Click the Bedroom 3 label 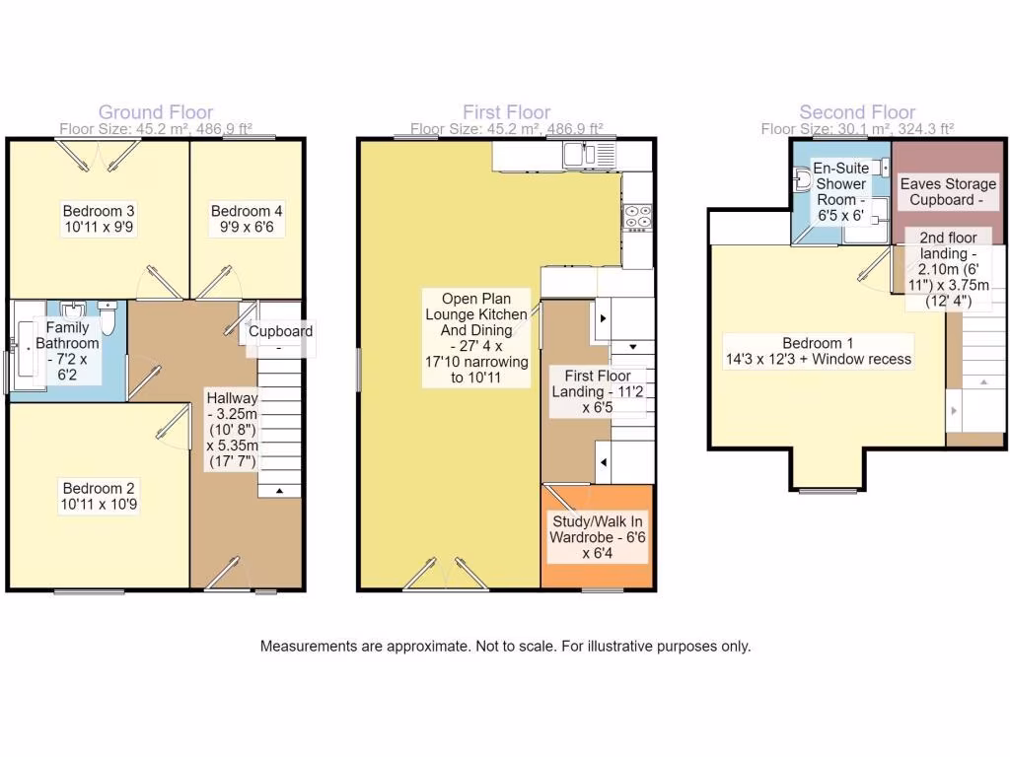(x=99, y=219)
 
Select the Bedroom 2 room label (x=99, y=496)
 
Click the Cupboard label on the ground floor (x=280, y=332)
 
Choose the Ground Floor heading (x=155, y=112)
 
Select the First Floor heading (x=506, y=112)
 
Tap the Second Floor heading (x=857, y=112)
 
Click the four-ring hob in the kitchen (x=637, y=216)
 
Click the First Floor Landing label (x=598, y=391)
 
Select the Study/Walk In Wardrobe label (x=598, y=537)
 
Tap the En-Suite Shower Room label (x=840, y=191)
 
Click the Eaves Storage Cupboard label (x=948, y=192)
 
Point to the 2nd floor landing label (x=948, y=269)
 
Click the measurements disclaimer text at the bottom (x=505, y=647)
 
